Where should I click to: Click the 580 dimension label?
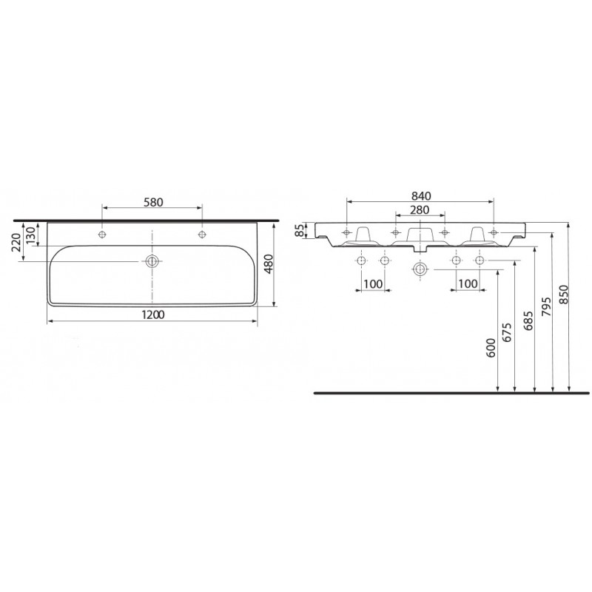pos(153,202)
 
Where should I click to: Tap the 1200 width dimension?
pos(153,314)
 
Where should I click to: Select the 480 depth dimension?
pos(268,264)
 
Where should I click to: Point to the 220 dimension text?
pos(16,242)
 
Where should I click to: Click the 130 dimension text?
pos(30,234)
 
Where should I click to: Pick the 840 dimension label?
pos(420,196)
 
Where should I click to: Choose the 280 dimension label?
pos(420,209)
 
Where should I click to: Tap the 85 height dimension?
pos(299,231)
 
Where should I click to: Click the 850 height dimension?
pos(563,295)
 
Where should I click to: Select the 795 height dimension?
pos(547,307)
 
